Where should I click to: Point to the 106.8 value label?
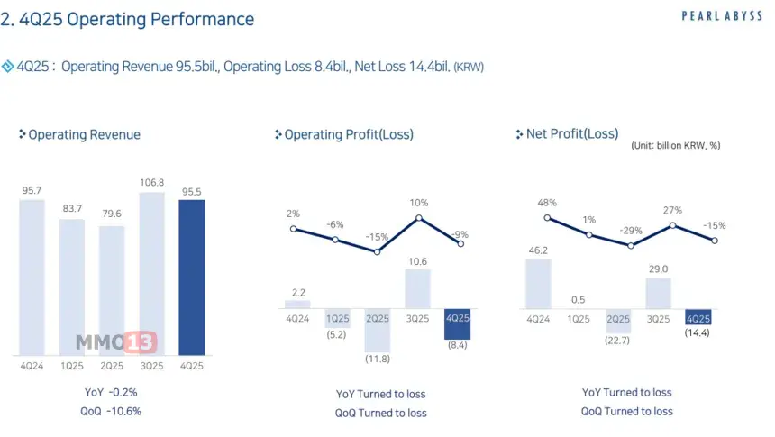[x=152, y=182]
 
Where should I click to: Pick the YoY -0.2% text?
[x=112, y=392]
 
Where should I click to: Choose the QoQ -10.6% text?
[x=112, y=411]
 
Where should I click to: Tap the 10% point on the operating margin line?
[x=419, y=218]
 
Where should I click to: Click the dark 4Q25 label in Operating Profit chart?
[x=458, y=318]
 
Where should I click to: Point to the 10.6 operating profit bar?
[x=418, y=289]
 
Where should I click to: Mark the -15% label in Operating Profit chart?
[x=377, y=237]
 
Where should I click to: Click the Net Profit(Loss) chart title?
[x=572, y=134]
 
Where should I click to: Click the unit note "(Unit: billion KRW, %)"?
[x=676, y=145]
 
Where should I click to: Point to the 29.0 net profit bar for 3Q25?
[x=659, y=293]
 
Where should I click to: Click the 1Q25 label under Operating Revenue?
[x=72, y=365]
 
